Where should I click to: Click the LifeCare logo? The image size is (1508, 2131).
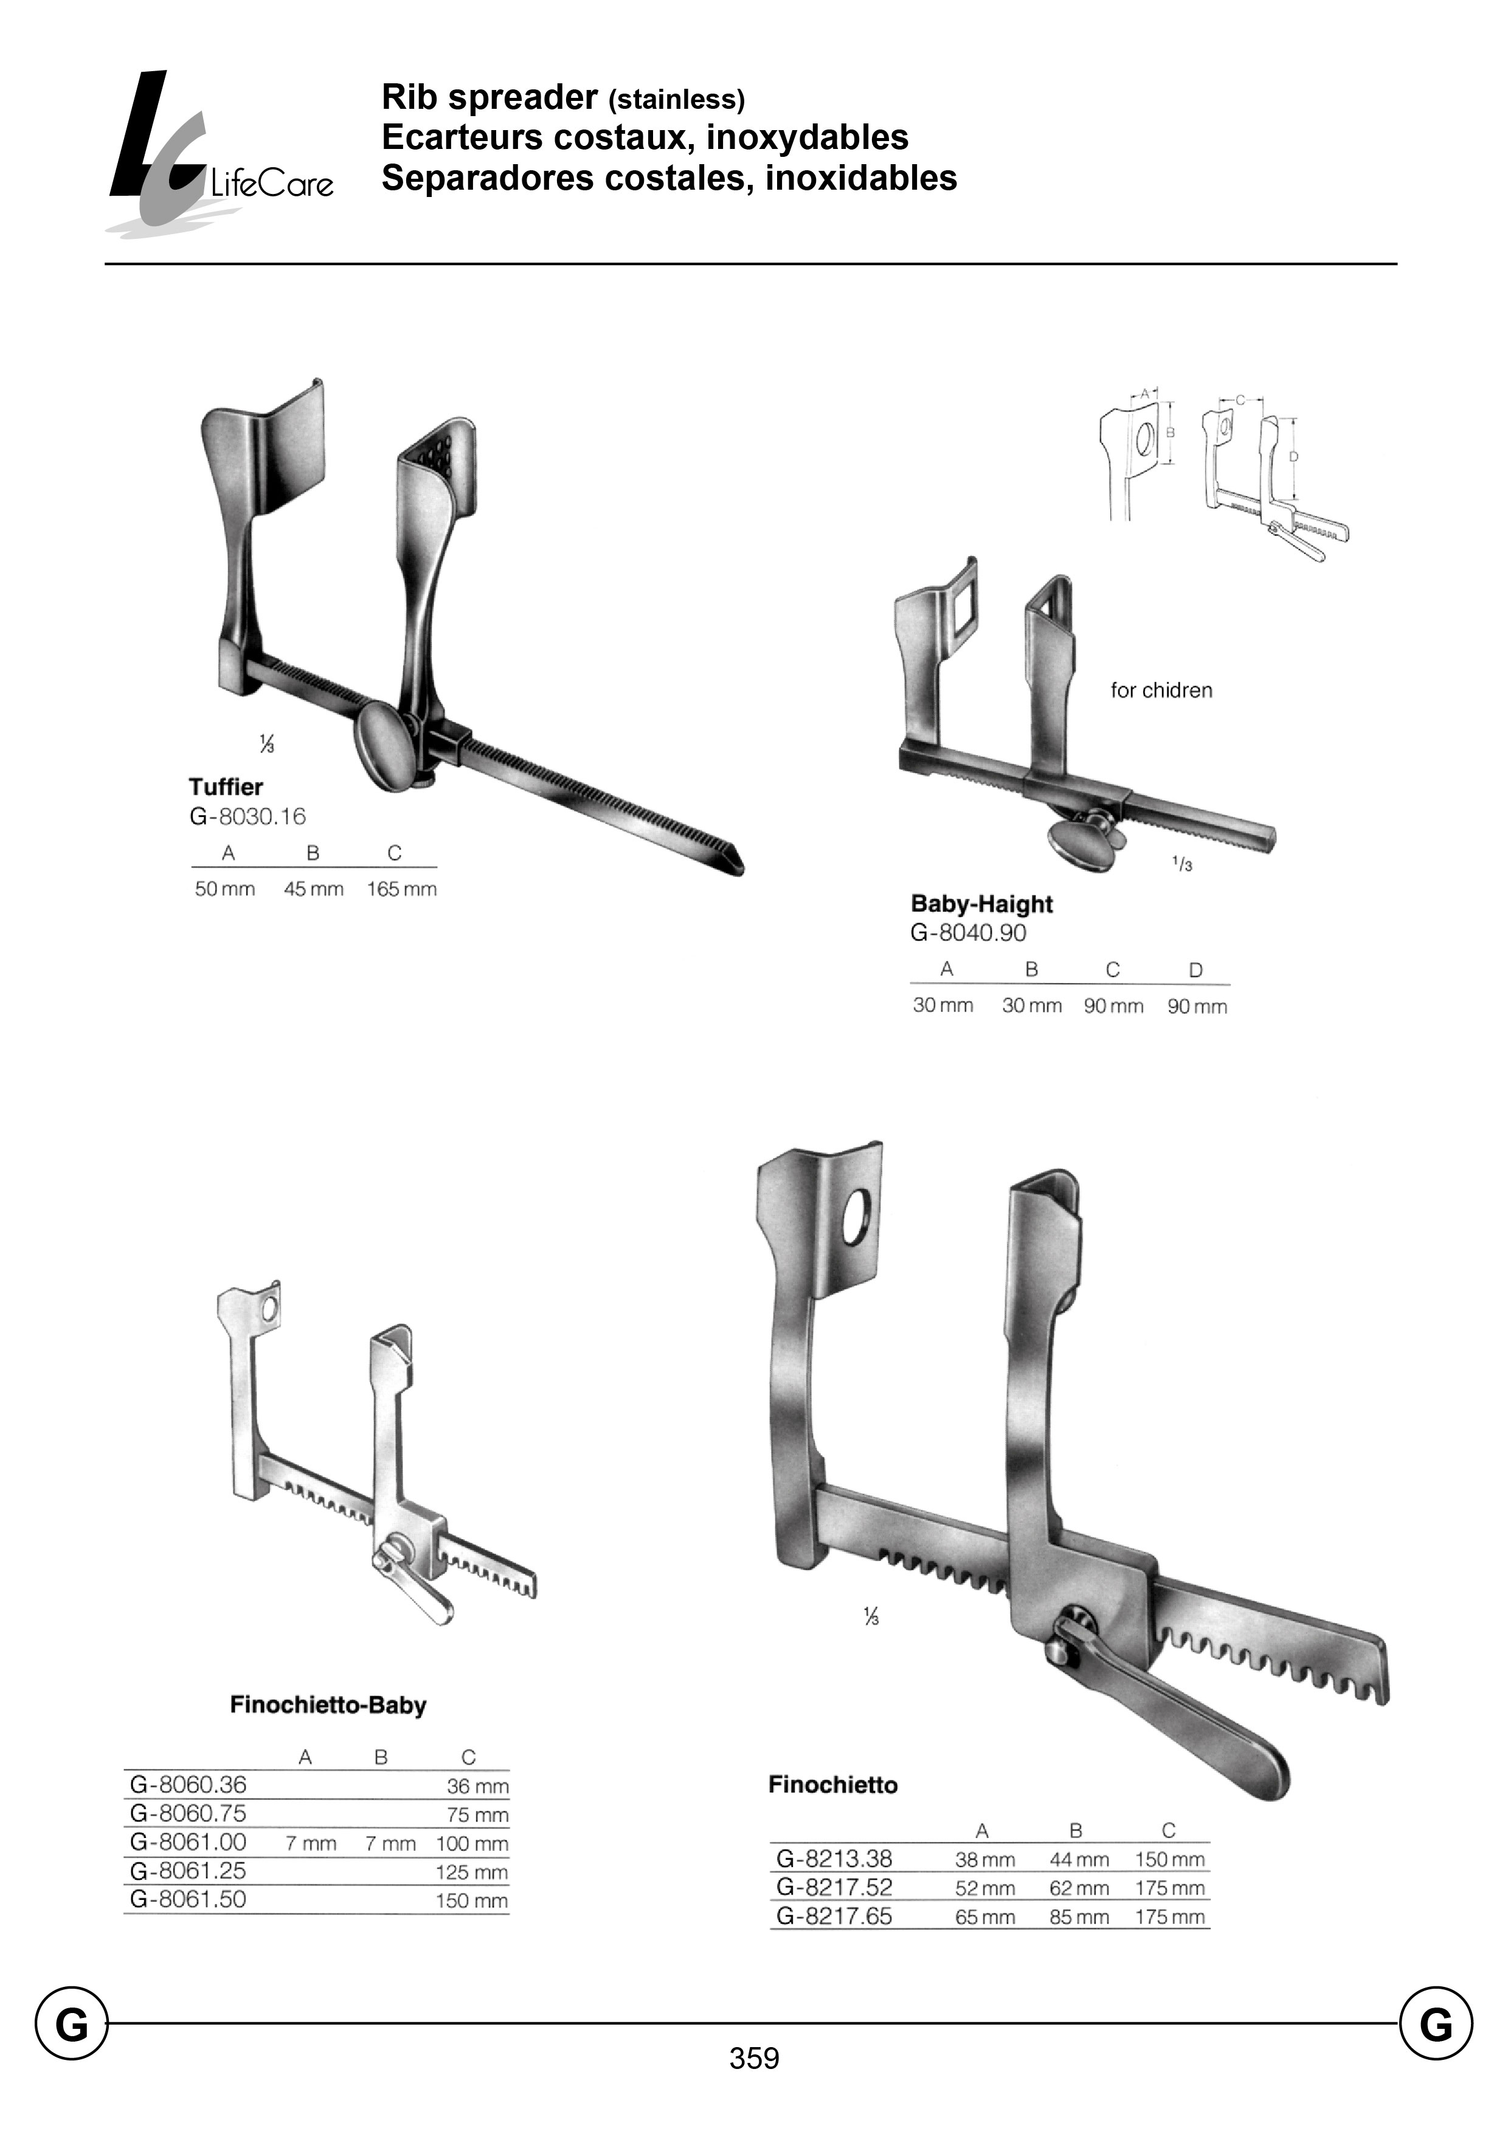pyautogui.click(x=219, y=153)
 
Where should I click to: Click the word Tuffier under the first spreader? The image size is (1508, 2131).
pyautogui.click(x=226, y=787)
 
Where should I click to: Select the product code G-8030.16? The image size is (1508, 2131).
pyautogui.click(x=247, y=817)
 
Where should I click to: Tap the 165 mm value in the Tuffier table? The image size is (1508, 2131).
pyautogui.click(x=401, y=889)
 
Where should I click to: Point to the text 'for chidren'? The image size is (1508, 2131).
pyautogui.click(x=1161, y=691)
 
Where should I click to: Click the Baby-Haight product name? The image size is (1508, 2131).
pyautogui.click(x=981, y=905)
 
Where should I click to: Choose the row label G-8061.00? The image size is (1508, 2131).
pyautogui.click(x=188, y=1842)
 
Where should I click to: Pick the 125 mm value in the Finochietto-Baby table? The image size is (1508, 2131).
pyautogui.click(x=472, y=1872)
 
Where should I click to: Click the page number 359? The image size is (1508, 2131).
pyautogui.click(x=754, y=2059)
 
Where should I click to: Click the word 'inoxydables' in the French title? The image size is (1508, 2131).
pyautogui.click(x=807, y=137)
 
